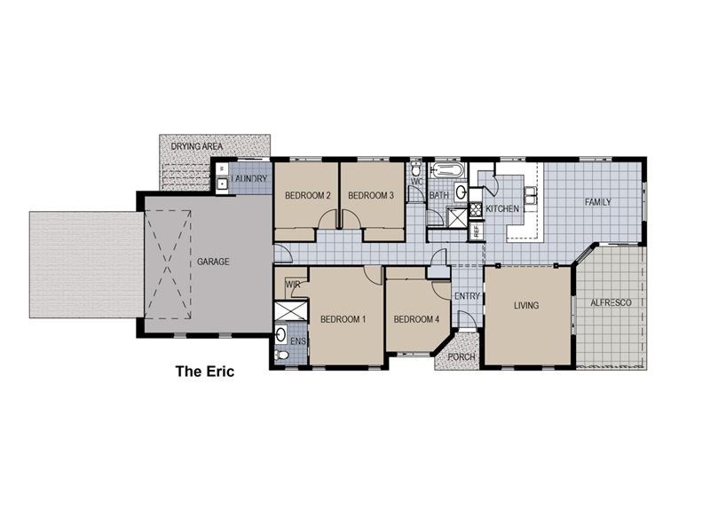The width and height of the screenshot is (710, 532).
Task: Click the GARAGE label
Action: pyautogui.click(x=214, y=262)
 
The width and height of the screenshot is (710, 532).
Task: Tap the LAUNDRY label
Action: pyautogui.click(x=249, y=180)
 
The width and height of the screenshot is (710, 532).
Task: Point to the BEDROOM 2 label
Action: pyautogui.click(x=307, y=195)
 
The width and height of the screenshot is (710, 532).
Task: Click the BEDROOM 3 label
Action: pyautogui.click(x=370, y=195)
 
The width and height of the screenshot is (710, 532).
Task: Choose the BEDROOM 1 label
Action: pyautogui.click(x=343, y=319)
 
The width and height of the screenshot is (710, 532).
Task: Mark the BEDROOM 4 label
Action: pyautogui.click(x=416, y=319)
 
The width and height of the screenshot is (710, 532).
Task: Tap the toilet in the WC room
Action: pyautogui.click(x=416, y=169)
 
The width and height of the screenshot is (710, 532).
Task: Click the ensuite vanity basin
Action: pyautogui.click(x=281, y=335)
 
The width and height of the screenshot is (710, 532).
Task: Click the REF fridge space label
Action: pyautogui.click(x=476, y=230)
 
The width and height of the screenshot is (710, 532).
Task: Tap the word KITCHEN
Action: pyautogui.click(x=501, y=209)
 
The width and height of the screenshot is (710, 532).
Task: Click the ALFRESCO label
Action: pyautogui.click(x=611, y=303)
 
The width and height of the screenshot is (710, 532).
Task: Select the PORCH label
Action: pyautogui.click(x=461, y=357)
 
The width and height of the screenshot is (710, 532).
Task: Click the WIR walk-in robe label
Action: pyautogui.click(x=290, y=285)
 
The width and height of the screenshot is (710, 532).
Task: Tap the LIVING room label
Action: pyautogui.click(x=526, y=306)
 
